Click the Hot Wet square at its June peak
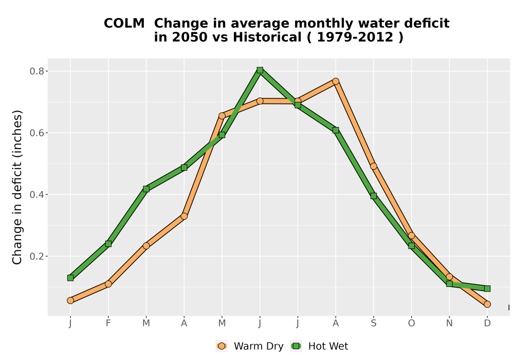pos(260,70)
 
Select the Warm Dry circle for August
pos(336,81)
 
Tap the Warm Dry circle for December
pos(487,304)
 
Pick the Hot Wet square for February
pos(108,244)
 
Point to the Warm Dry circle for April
pos(184,216)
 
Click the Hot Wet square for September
pos(373,196)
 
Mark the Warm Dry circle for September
pos(373,166)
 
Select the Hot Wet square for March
pos(146,189)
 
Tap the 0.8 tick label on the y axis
pos(36,71)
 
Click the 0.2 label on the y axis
pos(36,256)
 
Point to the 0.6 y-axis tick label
pos(36,133)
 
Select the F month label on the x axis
pos(108,323)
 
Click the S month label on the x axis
pos(373,323)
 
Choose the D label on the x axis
pos(487,323)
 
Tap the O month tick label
pos(411,323)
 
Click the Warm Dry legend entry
pos(249,346)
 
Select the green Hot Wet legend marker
pos(297,346)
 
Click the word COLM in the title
pos(124,24)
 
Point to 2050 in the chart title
pos(190,38)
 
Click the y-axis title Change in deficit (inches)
pos(17,187)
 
